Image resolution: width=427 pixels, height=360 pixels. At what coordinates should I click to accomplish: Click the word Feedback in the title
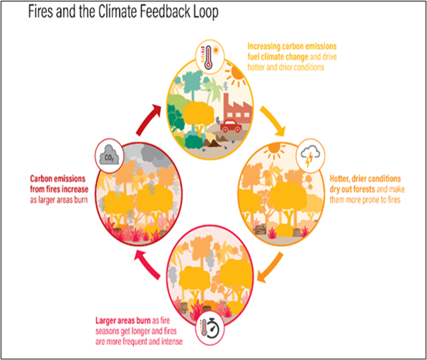coord(165,11)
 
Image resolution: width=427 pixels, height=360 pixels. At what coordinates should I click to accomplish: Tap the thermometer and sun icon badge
coord(210,57)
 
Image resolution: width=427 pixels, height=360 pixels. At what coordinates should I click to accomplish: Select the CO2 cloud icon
coord(109,156)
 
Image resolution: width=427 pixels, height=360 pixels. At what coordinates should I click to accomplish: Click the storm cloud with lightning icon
coord(310,156)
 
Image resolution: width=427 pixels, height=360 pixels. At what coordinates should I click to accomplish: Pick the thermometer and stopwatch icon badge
coord(210,328)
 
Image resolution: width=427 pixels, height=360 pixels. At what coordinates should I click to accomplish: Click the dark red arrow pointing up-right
coord(148,119)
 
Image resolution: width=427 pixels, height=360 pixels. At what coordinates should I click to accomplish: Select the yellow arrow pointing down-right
coord(272,120)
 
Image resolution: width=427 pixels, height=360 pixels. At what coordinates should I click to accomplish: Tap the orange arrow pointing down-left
coord(270,267)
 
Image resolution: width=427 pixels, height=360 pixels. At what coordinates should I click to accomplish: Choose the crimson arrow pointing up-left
coord(148,265)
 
